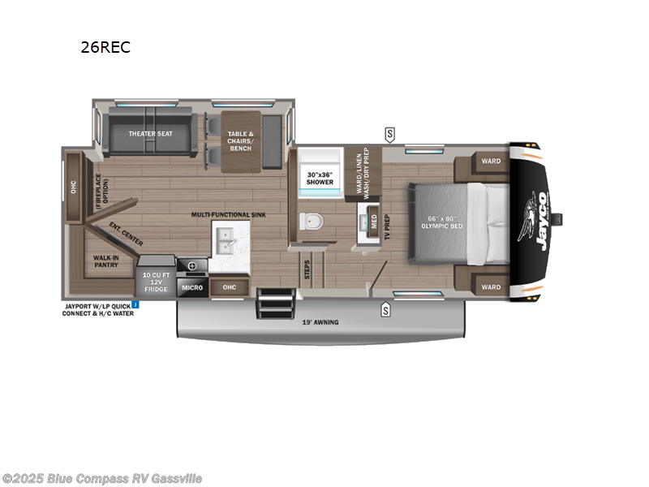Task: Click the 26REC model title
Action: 105,47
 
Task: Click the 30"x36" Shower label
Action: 320,178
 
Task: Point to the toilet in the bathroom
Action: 311,221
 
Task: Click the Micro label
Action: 191,287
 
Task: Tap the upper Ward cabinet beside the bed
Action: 491,161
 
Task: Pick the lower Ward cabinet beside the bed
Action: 491,287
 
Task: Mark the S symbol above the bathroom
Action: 390,133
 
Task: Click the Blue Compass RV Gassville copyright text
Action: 102,479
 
